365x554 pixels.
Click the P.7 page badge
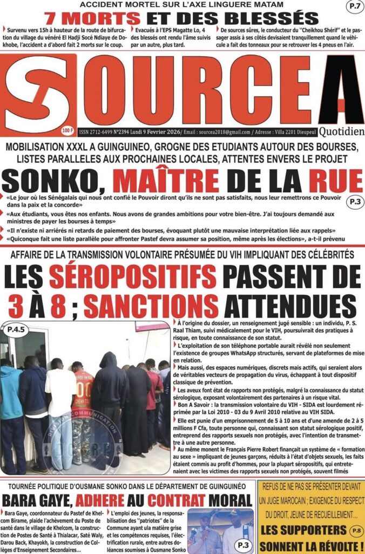pyautogui.click(x=352, y=8)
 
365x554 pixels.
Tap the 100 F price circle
pyautogui.click(x=68, y=130)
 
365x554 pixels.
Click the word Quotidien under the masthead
pyautogui.click(x=341, y=131)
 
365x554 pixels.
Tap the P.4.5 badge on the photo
pyautogui.click(x=19, y=328)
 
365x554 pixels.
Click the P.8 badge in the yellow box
pyautogui.click(x=353, y=531)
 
